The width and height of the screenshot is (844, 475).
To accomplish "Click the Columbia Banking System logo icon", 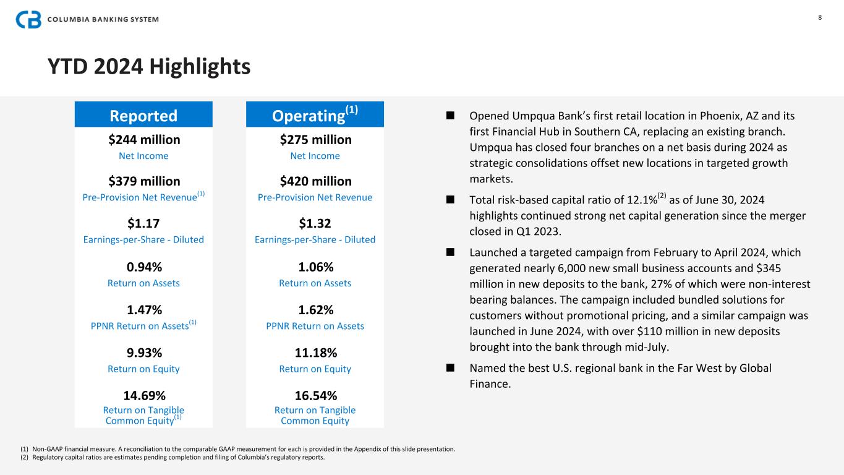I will (28, 19).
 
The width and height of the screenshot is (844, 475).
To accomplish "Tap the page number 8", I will (820, 17).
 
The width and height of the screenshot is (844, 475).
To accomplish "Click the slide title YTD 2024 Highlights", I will (149, 66).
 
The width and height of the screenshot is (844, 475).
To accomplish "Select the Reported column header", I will (143, 116).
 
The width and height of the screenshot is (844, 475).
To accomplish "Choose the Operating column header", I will (315, 115).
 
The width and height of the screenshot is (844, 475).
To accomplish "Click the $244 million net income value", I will (143, 140).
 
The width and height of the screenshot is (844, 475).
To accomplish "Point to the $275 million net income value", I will (315, 140).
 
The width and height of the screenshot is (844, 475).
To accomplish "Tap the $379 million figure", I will (143, 181).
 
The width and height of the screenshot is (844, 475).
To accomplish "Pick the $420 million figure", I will (315, 181).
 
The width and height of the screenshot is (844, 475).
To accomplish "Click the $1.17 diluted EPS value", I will (143, 223).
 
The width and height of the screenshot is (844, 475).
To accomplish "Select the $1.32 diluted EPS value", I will (315, 223).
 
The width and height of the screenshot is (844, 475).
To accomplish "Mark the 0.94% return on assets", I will (143, 267).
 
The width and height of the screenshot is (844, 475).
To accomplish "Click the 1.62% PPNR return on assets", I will (315, 310).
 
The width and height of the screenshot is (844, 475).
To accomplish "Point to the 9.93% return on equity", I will (143, 353).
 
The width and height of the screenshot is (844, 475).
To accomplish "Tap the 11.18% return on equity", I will (315, 353).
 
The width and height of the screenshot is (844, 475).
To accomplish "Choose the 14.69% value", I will (143, 395).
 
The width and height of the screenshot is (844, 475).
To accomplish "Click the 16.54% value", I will (315, 395).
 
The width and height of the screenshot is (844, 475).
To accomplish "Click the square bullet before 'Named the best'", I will (450, 368).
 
